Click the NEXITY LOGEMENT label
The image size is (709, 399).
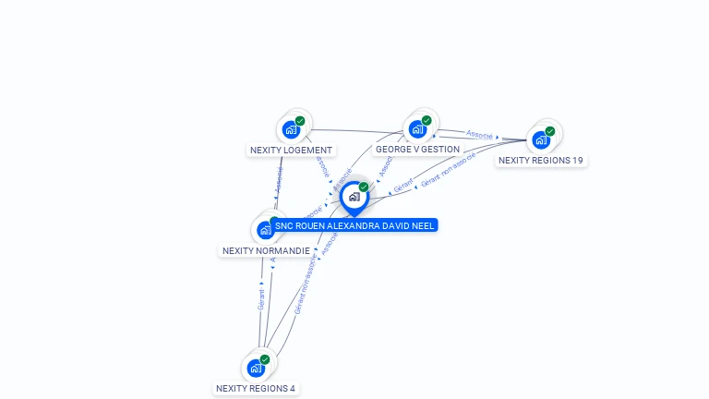(x=291, y=150)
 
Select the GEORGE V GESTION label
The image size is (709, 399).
(x=417, y=150)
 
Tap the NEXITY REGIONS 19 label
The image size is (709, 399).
(x=540, y=161)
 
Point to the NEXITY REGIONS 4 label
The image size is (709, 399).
(x=256, y=389)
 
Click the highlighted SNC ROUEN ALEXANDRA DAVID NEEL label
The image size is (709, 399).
(x=354, y=225)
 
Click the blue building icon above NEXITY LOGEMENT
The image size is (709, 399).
(x=292, y=129)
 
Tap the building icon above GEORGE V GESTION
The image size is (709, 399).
(x=417, y=129)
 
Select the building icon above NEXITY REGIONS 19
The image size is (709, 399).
(x=541, y=139)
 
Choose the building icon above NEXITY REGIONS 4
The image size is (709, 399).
(x=256, y=368)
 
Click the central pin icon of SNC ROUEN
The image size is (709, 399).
(x=354, y=197)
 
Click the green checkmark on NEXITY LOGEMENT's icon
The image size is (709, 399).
(x=300, y=121)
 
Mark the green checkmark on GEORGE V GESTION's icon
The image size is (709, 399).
(x=427, y=121)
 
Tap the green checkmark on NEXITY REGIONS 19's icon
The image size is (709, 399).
(x=550, y=131)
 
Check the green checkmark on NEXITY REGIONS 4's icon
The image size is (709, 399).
(x=265, y=359)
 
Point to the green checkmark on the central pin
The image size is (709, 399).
(x=364, y=187)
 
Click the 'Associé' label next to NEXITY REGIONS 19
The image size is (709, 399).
(x=480, y=134)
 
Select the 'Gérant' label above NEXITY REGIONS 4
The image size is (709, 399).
(x=261, y=298)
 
